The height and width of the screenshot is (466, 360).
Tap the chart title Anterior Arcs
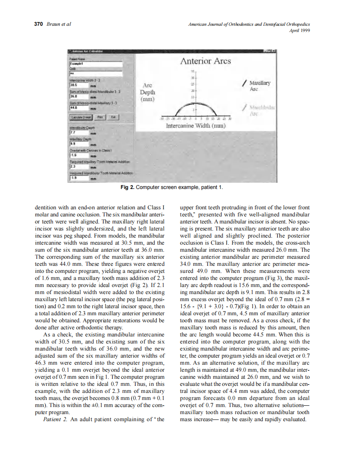[x=205, y=61]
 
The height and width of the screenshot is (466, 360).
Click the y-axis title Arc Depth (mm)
[x=148, y=92]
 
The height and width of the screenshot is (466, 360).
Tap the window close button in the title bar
[x=274, y=51]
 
